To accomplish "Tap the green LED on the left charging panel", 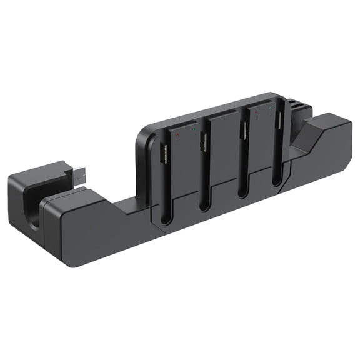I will [x=195, y=129].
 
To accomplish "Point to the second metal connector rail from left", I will [x=204, y=141].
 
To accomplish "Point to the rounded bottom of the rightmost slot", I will [x=277, y=181].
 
